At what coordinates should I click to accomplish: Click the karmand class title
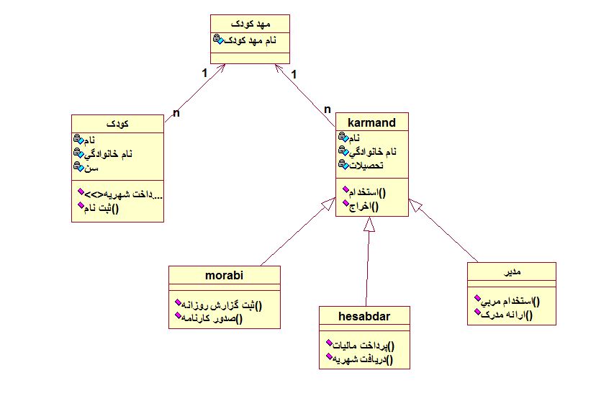(x=371, y=122)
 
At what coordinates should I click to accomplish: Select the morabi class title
(x=224, y=275)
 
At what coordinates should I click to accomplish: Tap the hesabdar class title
(x=364, y=315)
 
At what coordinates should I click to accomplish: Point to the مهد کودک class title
(x=250, y=24)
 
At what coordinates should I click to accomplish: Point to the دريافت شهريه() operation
(x=364, y=358)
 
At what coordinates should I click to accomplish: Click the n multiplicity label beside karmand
(x=328, y=109)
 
